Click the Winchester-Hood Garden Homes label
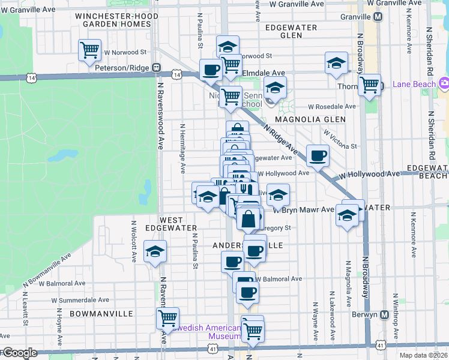[x=113, y=19]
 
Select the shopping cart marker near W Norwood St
[x=89, y=50]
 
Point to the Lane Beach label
[x=414, y=84]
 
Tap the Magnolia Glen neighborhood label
[x=319, y=119]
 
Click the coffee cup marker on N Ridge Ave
[x=318, y=155]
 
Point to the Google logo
[x=20, y=353]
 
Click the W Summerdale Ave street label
[x=80, y=299]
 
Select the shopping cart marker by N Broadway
[x=369, y=85]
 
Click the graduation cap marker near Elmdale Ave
[x=336, y=63]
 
